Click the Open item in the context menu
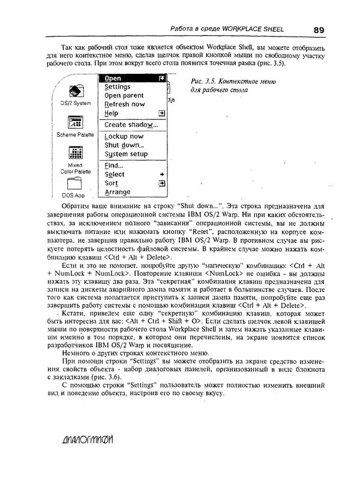click(x=113, y=79)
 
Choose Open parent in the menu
click(x=124, y=95)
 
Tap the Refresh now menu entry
click(x=124, y=104)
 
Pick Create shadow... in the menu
click(x=131, y=125)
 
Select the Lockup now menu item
click(x=124, y=136)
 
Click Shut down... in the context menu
click(x=124, y=145)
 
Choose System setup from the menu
click(x=125, y=154)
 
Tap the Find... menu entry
click(x=113, y=166)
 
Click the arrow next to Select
click(x=161, y=175)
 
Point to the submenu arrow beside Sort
click(x=161, y=183)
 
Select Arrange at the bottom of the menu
click(x=117, y=192)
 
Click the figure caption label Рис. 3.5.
click(x=202, y=82)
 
